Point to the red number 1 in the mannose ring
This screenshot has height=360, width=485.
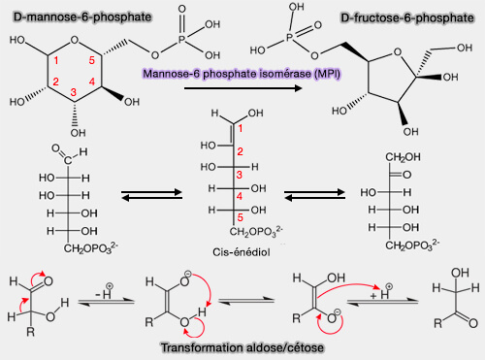click(x=57, y=63)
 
